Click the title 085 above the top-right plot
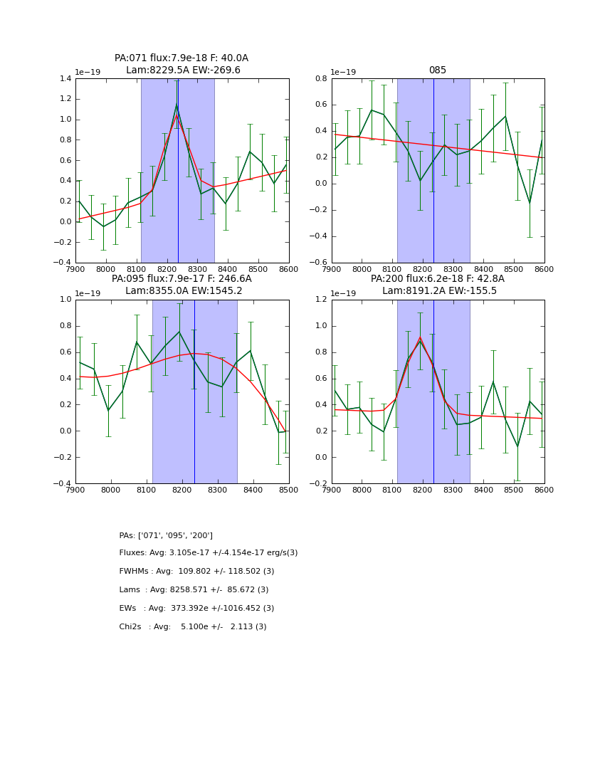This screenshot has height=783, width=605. (437, 70)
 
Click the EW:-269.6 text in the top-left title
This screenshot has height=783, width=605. (216, 70)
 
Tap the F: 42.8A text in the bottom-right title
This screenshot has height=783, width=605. (484, 279)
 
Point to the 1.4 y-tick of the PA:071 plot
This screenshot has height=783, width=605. (64, 79)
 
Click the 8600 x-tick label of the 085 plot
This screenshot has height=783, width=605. (544, 269)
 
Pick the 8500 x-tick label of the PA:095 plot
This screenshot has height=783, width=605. (288, 490)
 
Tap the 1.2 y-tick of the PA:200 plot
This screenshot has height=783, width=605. (320, 300)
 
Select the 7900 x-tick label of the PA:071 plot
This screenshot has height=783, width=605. (75, 269)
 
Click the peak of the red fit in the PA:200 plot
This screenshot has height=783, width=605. (420, 337)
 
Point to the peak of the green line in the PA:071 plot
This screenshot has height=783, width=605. (177, 105)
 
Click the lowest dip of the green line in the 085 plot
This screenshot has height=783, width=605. (529, 203)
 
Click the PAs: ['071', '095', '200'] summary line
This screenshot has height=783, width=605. (166, 535)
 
